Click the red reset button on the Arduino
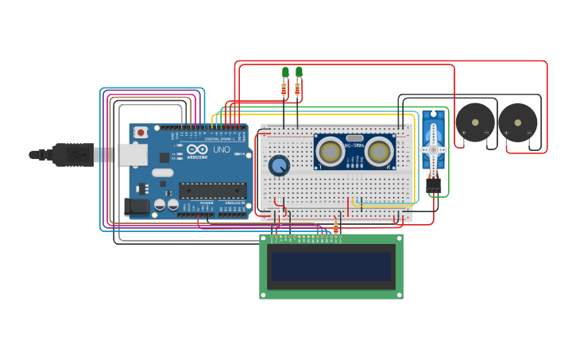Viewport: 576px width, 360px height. pyautogui.click(x=141, y=132)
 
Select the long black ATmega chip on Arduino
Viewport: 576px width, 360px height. pyautogui.click(x=212, y=191)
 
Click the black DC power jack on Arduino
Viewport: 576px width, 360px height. pyautogui.click(x=137, y=207)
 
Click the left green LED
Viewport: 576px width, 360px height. pyautogui.click(x=285, y=72)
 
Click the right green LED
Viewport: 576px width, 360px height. pyautogui.click(x=299, y=72)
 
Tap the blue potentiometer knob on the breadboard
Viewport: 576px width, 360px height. pyautogui.click(x=279, y=165)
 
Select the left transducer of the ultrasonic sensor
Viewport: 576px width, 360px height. pyautogui.click(x=331, y=150)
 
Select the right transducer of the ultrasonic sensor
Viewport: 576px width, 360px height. pyautogui.click(x=380, y=150)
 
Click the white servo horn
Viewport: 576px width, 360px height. pyautogui.click(x=433, y=149)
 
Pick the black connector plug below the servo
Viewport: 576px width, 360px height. pyautogui.click(x=433, y=184)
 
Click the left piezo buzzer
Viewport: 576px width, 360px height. pyautogui.click(x=475, y=122)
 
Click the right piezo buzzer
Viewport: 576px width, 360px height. pyautogui.click(x=518, y=122)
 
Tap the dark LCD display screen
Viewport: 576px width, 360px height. pyautogui.click(x=331, y=266)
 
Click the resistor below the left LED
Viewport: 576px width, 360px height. pyautogui.click(x=284, y=90)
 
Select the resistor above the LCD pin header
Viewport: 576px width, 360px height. pyautogui.click(x=336, y=227)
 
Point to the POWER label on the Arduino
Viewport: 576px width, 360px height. pyautogui.click(x=206, y=203)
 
